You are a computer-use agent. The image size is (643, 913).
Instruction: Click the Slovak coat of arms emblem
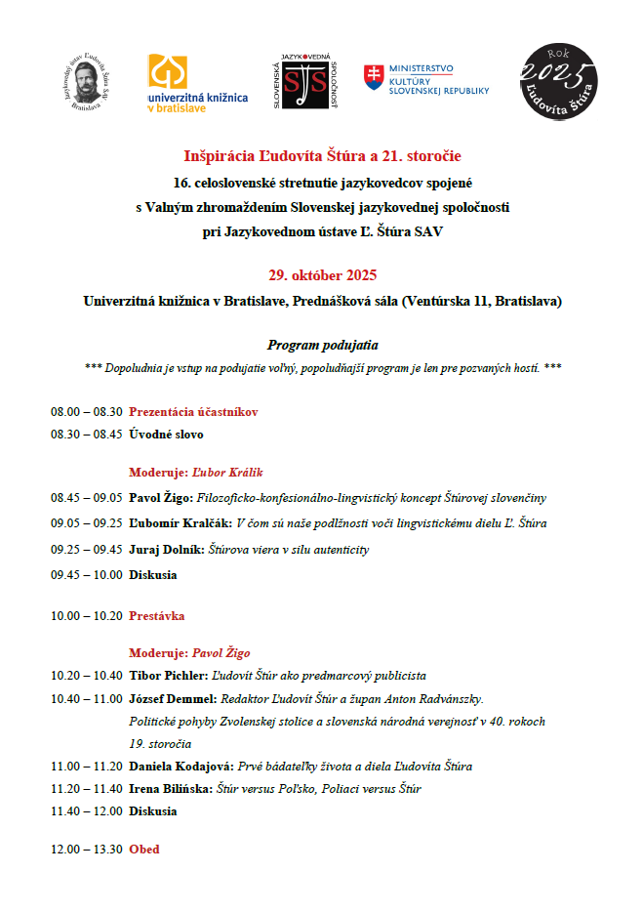[374, 78]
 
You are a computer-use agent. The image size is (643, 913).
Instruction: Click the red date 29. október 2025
[322, 275]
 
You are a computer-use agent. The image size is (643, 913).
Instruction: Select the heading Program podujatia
[322, 345]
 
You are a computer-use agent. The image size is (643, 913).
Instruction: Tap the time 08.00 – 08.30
[87, 412]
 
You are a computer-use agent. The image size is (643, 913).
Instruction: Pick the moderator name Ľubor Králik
[227, 472]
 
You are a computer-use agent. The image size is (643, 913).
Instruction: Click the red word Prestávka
[156, 616]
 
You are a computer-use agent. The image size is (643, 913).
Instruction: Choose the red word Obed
[144, 850]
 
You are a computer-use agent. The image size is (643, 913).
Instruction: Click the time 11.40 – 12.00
[87, 811]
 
